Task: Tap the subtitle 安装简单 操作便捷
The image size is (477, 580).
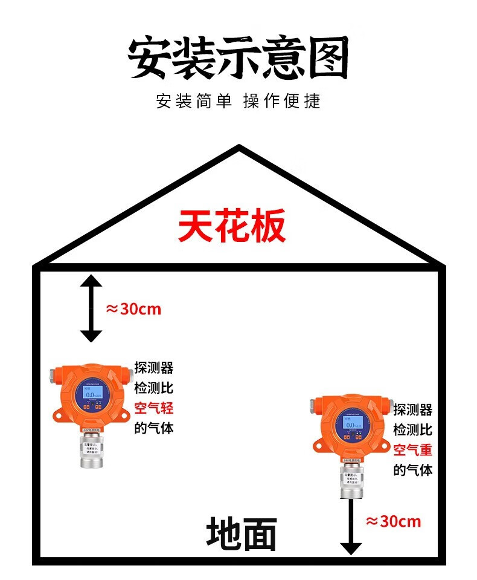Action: click(238, 101)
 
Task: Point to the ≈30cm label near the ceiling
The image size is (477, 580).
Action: click(133, 309)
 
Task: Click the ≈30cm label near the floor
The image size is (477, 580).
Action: click(393, 521)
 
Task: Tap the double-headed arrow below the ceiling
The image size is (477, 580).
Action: click(91, 308)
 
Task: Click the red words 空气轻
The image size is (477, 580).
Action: click(153, 408)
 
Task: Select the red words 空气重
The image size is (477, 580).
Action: click(413, 450)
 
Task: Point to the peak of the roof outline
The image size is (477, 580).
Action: click(239, 147)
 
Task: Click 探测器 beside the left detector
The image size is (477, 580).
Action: click(153, 368)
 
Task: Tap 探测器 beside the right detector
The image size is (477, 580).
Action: click(413, 410)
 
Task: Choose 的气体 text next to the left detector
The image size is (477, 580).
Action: click(153, 428)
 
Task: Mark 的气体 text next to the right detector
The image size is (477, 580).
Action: click(413, 470)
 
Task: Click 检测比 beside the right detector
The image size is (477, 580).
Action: click(413, 430)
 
